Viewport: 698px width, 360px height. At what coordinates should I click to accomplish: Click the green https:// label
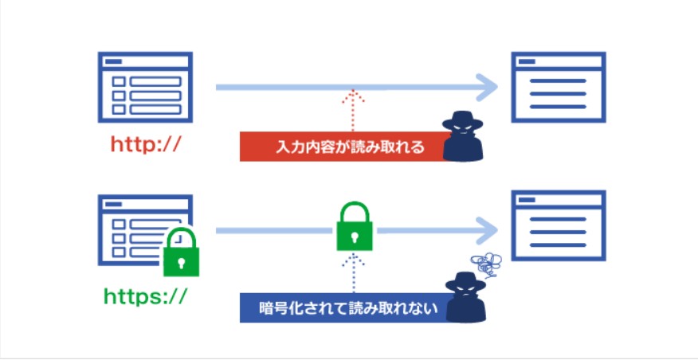point(145,297)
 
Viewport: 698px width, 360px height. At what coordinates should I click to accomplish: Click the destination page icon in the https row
point(557,225)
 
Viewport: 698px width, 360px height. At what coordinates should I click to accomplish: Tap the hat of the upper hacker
point(462,119)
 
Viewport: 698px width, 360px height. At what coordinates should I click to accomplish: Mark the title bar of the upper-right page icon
point(557,61)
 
